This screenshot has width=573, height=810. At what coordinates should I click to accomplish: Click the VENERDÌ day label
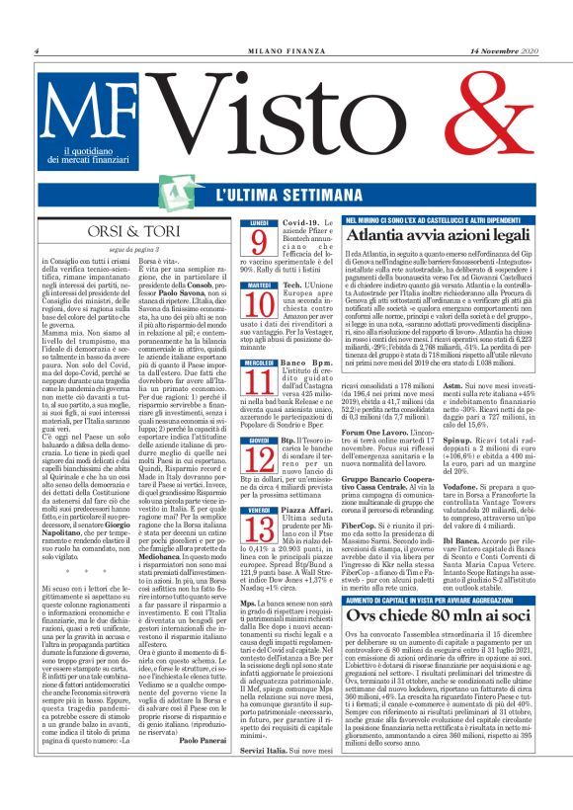pyautogui.click(x=259, y=510)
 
